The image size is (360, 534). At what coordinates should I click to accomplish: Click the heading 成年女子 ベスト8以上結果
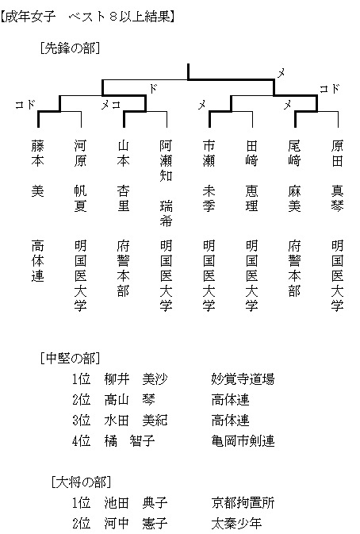[88, 17]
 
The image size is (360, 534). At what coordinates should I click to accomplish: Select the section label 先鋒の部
[70, 48]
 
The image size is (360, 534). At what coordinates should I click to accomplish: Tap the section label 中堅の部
[70, 359]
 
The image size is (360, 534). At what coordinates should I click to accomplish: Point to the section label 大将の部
[81, 482]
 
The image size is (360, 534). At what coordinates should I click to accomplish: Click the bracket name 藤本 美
[38, 168]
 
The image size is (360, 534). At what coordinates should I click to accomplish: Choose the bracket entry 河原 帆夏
[80, 176]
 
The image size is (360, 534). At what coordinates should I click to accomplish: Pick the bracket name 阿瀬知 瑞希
[166, 183]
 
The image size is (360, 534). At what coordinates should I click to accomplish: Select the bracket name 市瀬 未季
[209, 176]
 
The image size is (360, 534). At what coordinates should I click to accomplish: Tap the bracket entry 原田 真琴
[337, 176]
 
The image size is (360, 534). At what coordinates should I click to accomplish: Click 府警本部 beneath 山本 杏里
[123, 268]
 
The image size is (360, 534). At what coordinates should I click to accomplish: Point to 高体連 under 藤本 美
[38, 261]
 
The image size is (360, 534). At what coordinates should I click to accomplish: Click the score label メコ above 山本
[111, 105]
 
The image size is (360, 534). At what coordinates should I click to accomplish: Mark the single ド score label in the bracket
[153, 88]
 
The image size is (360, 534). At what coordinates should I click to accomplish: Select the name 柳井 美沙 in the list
[136, 379]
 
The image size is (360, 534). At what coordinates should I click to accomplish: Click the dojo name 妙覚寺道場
[243, 379]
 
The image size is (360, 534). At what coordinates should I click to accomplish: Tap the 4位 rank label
[82, 441]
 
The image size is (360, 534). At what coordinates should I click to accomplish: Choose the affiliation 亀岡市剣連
[243, 441]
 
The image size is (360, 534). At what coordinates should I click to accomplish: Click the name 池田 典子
[136, 503]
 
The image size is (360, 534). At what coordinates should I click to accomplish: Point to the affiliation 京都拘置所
[243, 503]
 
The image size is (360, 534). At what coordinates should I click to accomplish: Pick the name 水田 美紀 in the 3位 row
[136, 421]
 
